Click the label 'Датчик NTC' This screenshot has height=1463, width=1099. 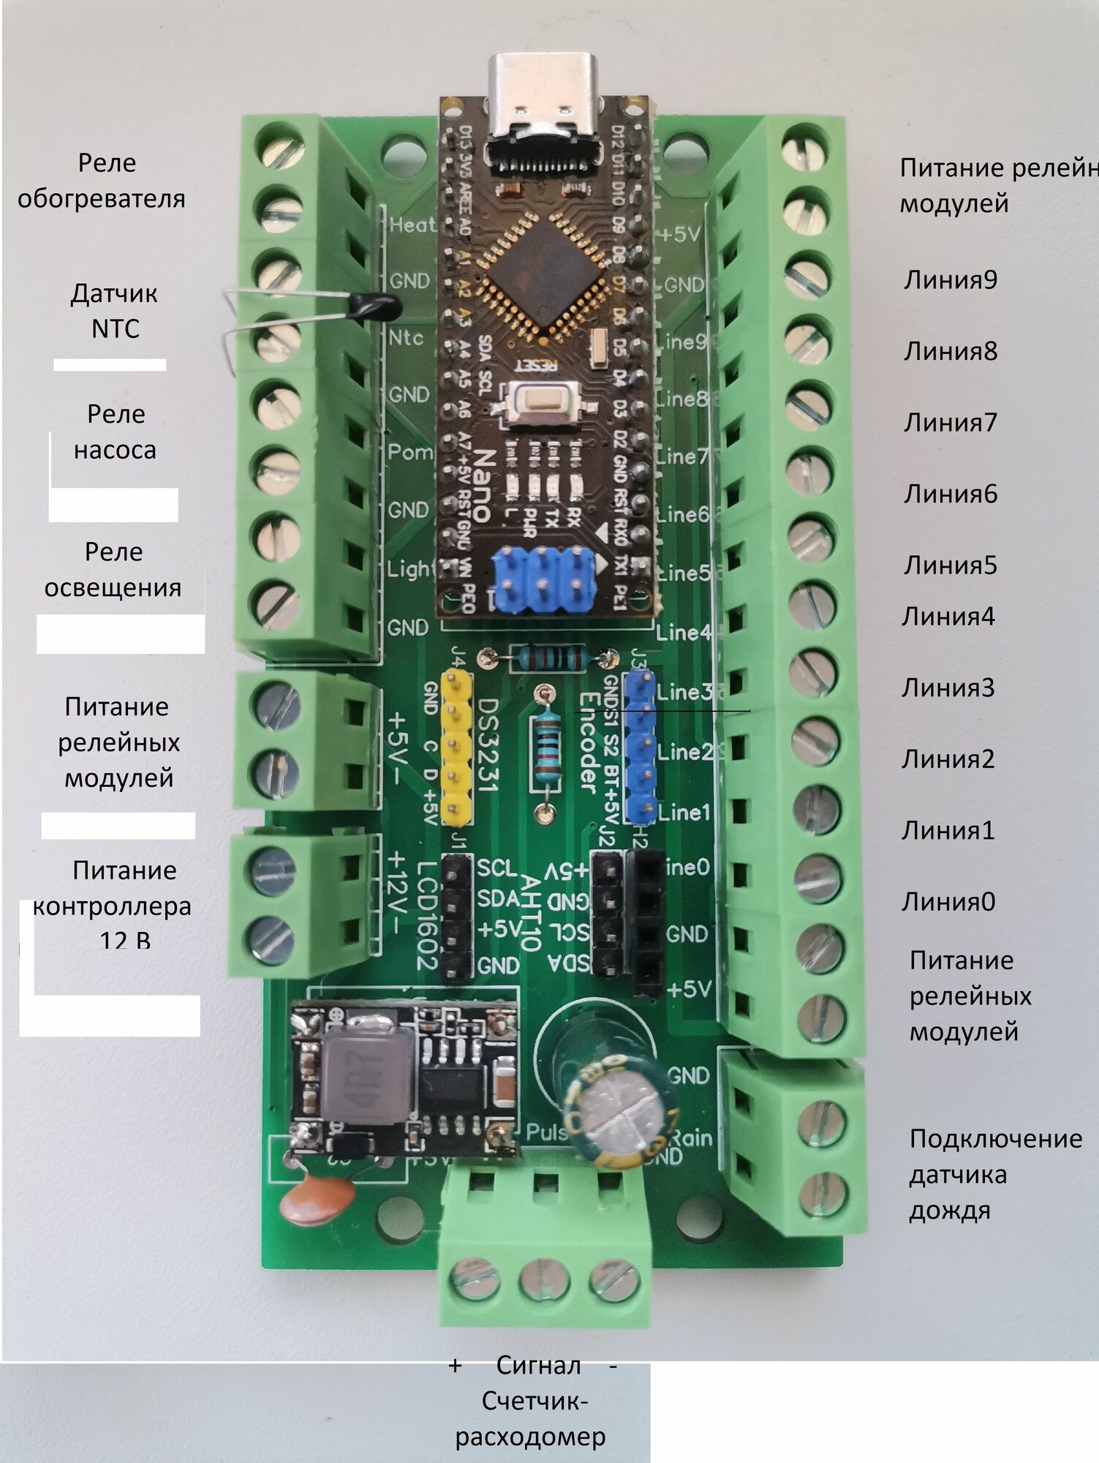click(x=115, y=311)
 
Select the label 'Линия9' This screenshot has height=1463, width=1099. click(x=950, y=280)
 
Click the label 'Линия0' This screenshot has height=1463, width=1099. click(x=948, y=901)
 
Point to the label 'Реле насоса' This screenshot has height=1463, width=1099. click(x=116, y=432)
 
